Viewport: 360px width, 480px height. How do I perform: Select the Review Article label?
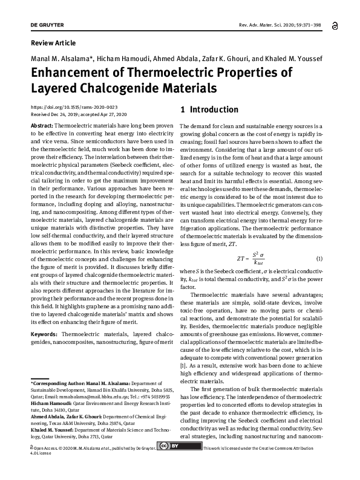tap(53, 43)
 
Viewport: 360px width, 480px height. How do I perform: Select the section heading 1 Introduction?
tap(209, 110)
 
